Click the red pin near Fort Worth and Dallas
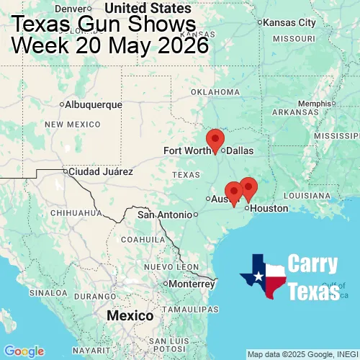click(215, 140)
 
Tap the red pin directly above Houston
click(248, 188)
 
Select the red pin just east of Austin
click(233, 193)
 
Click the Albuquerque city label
click(93, 104)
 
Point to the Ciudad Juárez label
click(100, 171)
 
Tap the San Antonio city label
click(165, 215)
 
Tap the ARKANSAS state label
click(295, 112)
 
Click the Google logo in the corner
click(24, 351)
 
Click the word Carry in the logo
click(313, 264)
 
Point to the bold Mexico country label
click(130, 316)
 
